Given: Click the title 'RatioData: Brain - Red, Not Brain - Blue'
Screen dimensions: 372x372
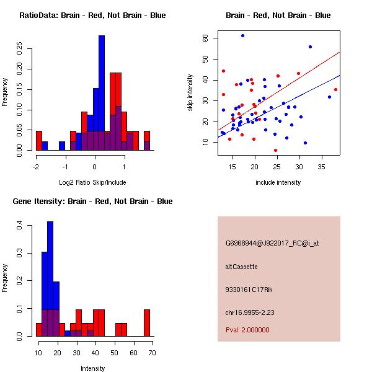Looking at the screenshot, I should tap(92, 15).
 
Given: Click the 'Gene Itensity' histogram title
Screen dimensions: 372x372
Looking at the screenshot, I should tap(93, 201).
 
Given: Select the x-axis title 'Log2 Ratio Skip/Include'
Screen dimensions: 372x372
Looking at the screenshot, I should tap(92, 182).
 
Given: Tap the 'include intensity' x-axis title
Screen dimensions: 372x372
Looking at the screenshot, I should tap(278, 182).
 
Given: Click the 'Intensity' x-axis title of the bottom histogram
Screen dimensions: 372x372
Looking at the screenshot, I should tap(92, 368).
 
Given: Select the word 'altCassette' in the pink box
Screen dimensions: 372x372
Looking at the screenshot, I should tap(241, 267).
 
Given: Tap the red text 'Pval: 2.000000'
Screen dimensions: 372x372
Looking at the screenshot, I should tap(247, 330).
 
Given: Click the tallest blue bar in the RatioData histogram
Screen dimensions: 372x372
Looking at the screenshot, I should tap(101, 93).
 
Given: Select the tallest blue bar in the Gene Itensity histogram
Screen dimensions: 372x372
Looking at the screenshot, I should tap(50, 279).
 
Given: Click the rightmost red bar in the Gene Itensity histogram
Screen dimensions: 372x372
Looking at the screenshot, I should tap(146, 322).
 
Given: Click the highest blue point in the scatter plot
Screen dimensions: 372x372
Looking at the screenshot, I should tap(242, 35).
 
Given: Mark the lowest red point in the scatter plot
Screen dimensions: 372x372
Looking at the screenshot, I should tap(275, 150).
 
